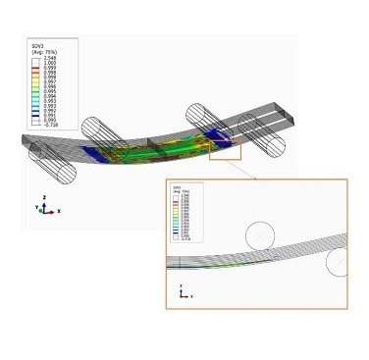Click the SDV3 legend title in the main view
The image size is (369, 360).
[x=38, y=45]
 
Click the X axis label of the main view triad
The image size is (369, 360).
[x=59, y=211]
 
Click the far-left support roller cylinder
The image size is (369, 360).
[x=52, y=165]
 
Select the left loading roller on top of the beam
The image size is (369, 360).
[x=105, y=132]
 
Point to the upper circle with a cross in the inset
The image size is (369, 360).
[x=260, y=236]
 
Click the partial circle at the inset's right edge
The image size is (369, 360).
[x=338, y=262]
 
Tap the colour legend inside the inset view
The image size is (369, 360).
[x=186, y=211]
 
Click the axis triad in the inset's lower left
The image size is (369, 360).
[x=183, y=293]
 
